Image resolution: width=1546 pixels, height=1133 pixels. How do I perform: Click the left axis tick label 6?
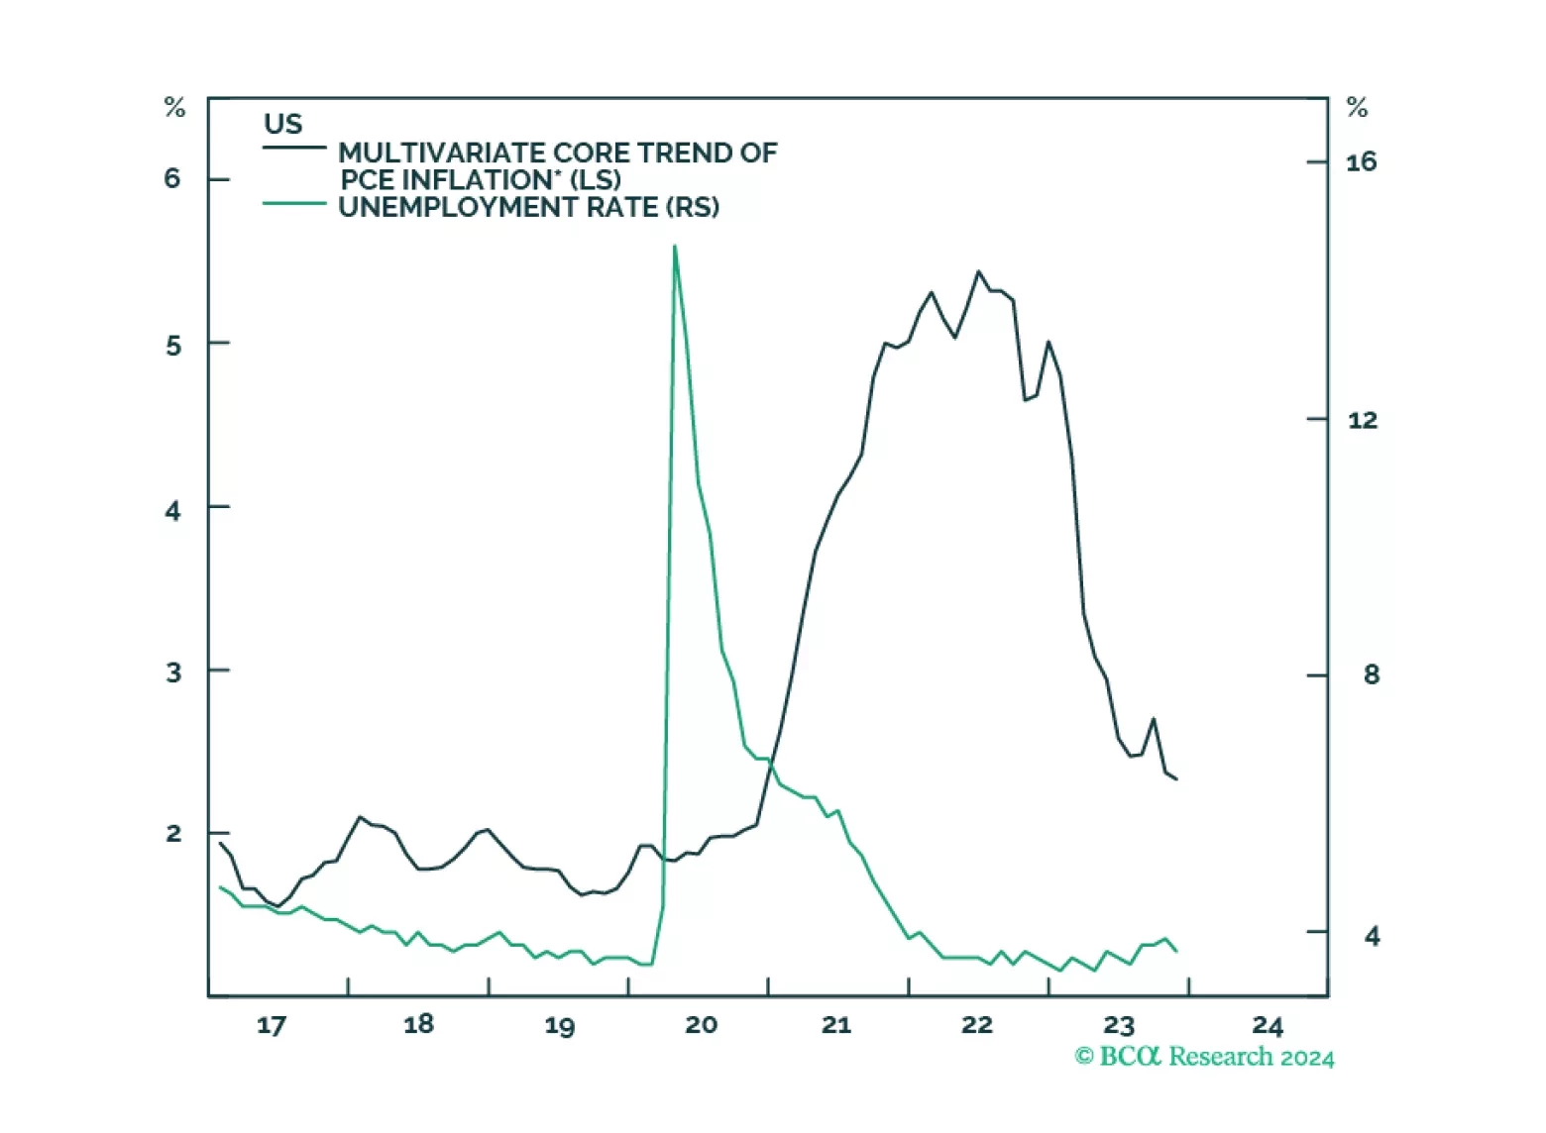[172, 178]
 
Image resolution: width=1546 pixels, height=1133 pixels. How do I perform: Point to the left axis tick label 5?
[172, 345]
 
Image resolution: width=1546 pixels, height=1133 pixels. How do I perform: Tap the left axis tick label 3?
[173, 672]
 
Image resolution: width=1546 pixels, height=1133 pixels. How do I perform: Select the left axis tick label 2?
[173, 833]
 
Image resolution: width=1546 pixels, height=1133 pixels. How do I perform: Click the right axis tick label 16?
[1361, 161]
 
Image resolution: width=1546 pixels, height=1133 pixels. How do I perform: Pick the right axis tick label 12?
[1362, 420]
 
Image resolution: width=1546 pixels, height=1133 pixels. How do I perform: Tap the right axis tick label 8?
[1371, 674]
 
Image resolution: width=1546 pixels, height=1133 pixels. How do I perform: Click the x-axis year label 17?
[271, 1025]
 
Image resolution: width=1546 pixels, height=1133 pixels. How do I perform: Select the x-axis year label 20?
[701, 1025]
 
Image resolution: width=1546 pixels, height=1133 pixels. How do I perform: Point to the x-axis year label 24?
[1268, 1025]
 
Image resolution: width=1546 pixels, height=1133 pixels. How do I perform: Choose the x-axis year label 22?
[976, 1025]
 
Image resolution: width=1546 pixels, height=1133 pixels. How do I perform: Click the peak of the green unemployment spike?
[675, 246]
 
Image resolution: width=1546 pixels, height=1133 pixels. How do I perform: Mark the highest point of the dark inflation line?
[978, 270]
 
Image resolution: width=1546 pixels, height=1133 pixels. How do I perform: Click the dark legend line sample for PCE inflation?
[294, 148]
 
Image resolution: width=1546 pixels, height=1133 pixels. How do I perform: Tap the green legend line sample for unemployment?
[294, 203]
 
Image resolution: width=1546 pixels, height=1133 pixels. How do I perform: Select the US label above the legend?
[282, 124]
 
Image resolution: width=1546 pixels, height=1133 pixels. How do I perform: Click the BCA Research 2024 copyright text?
[1204, 1057]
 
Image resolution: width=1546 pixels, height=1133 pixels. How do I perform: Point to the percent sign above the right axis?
[1357, 107]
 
